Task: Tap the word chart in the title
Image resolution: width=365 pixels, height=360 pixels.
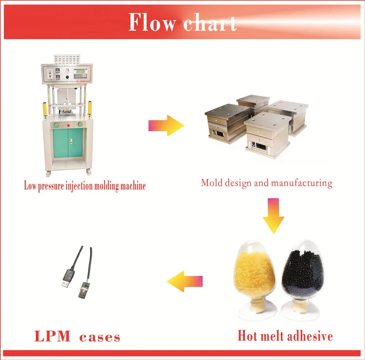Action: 210,23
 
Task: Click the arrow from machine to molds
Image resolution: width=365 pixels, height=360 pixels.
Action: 166,126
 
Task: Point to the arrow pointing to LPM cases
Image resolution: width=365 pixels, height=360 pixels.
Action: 185,282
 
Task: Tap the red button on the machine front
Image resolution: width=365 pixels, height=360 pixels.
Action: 68,124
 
